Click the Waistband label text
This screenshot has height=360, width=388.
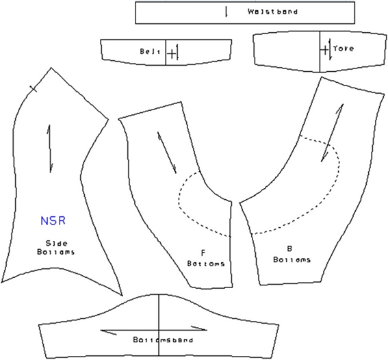272,12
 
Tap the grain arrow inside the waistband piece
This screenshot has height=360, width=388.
225,12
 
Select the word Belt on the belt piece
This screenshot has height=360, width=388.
150,52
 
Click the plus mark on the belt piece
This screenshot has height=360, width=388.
171,53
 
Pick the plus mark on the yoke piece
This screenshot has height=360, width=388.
324,49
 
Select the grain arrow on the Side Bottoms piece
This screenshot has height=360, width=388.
49,148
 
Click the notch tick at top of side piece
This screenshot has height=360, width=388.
32,88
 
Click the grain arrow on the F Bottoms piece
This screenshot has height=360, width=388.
166,152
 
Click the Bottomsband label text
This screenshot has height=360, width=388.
158,339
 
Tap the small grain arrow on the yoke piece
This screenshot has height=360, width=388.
330,52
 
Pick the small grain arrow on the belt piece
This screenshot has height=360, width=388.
177,53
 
